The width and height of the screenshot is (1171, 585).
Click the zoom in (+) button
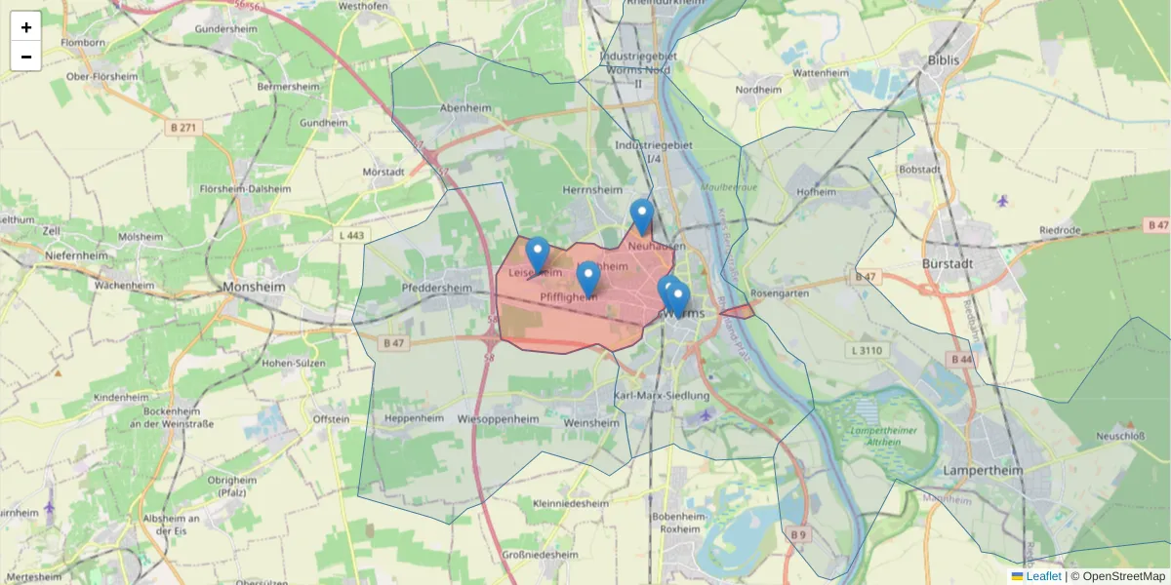pyautogui.click(x=26, y=27)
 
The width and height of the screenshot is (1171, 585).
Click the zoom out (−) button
pyautogui.click(x=26, y=57)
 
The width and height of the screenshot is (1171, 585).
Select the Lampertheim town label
pyautogui.click(x=983, y=470)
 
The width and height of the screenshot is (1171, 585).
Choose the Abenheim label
pyautogui.click(x=465, y=108)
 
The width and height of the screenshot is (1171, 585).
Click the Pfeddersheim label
pyautogui.click(x=436, y=289)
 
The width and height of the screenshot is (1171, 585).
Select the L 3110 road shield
pyautogui.click(x=866, y=350)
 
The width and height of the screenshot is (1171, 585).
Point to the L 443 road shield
pyautogui.click(x=351, y=235)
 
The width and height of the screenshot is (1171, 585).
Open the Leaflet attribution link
pyautogui.click(x=1043, y=576)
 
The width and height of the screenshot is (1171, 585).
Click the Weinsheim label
pyautogui.click(x=592, y=423)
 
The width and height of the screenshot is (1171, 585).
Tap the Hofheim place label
pyautogui.click(x=817, y=192)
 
